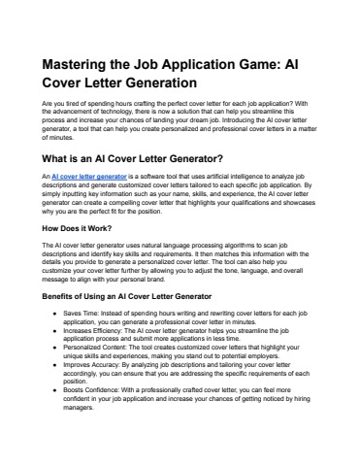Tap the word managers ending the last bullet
click(79, 408)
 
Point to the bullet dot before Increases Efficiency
click(53, 330)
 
